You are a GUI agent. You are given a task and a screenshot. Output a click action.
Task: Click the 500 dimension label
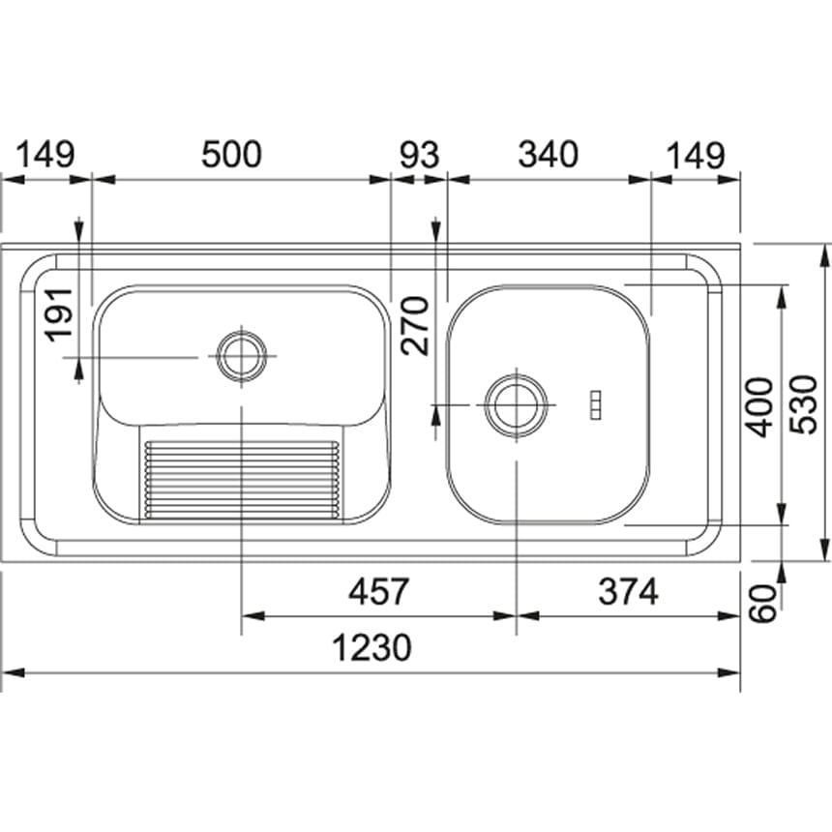[231, 155]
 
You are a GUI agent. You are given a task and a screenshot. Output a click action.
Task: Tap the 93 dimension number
[419, 155]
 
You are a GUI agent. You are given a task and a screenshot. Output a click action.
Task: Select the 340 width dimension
[548, 155]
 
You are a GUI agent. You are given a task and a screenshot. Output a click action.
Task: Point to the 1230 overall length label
[371, 647]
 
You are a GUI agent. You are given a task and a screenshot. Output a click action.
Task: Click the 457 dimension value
[379, 591]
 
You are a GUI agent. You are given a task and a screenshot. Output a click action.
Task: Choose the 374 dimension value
[628, 591]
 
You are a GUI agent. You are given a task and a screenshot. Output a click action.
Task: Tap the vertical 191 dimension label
[58, 314]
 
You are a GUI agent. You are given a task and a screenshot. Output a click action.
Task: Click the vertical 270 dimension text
[414, 325]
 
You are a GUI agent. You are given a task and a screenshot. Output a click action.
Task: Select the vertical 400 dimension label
[759, 406]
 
